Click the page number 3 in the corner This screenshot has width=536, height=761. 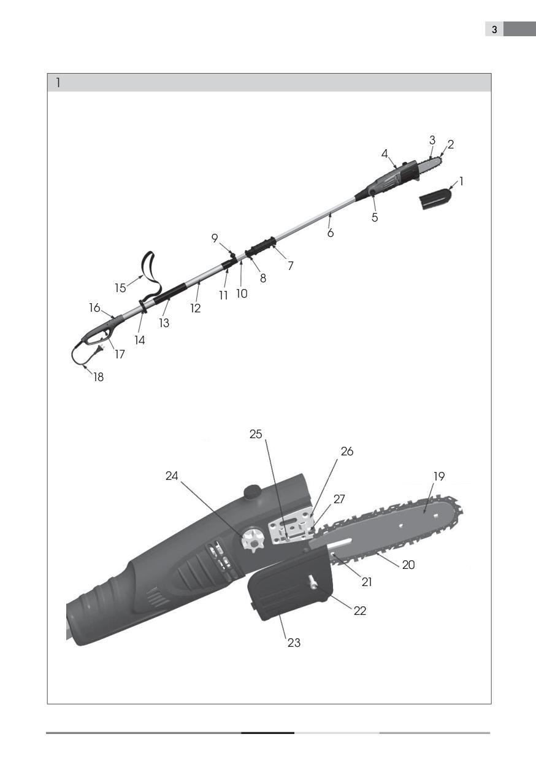(494, 29)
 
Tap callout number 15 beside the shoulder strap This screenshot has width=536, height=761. (120, 288)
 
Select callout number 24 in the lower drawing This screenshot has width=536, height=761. (172, 476)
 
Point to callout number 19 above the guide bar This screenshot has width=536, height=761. (439, 476)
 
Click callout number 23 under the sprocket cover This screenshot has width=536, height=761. (294, 643)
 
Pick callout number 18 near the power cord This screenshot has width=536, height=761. (99, 377)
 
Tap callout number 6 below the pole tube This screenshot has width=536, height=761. (331, 233)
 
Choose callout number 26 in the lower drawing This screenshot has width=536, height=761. (347, 452)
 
